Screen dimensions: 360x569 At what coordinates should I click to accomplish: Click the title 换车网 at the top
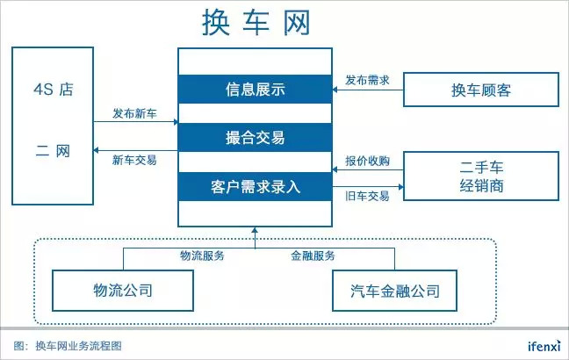(254, 21)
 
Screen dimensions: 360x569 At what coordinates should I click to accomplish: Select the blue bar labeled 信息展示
(255, 89)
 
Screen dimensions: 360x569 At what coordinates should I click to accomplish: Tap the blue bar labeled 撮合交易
(255, 138)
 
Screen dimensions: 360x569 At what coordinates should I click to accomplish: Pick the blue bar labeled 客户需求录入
(255, 186)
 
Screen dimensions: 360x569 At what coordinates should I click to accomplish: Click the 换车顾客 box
(480, 89)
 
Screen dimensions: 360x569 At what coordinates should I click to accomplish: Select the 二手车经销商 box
(480, 175)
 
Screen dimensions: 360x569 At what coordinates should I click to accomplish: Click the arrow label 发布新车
(134, 113)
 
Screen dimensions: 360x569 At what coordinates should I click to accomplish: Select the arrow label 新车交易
(134, 160)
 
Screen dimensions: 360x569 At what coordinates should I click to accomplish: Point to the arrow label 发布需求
(367, 78)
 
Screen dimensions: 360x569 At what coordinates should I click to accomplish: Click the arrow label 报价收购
(367, 161)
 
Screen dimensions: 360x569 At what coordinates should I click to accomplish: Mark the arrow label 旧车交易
(367, 197)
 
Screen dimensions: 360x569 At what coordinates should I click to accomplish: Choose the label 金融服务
(313, 256)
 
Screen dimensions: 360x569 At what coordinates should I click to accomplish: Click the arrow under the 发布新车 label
(134, 125)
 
